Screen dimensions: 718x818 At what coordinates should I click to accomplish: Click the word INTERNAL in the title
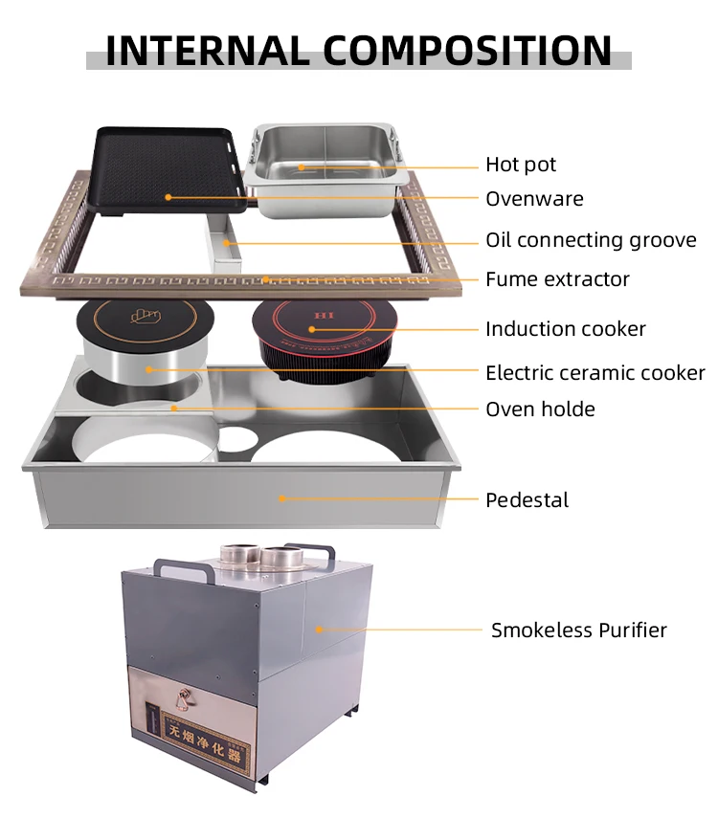(x=208, y=51)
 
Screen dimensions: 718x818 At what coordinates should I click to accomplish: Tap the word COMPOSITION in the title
(x=467, y=51)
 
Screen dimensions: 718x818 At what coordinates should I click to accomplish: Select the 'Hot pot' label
(x=521, y=165)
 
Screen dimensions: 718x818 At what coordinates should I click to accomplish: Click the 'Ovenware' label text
(x=534, y=199)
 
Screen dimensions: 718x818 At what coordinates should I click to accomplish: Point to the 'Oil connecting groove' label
(x=591, y=240)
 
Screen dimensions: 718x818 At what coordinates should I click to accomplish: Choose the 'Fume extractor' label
(x=557, y=279)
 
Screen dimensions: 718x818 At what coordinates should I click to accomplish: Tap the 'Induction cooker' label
(x=566, y=329)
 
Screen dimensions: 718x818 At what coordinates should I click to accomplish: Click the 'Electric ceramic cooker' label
(x=595, y=373)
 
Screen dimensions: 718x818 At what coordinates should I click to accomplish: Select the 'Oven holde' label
(x=540, y=409)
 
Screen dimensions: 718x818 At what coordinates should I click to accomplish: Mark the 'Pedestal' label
(x=527, y=499)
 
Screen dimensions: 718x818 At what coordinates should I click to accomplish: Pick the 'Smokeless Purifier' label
(x=578, y=630)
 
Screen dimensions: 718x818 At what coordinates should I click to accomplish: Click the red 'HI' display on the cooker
(x=325, y=315)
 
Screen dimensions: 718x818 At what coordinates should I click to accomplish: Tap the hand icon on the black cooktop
(x=146, y=316)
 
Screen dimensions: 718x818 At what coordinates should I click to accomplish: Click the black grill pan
(x=168, y=170)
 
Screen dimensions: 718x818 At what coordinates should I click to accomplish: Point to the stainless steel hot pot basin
(x=326, y=169)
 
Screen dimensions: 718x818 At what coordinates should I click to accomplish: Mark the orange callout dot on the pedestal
(x=282, y=498)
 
